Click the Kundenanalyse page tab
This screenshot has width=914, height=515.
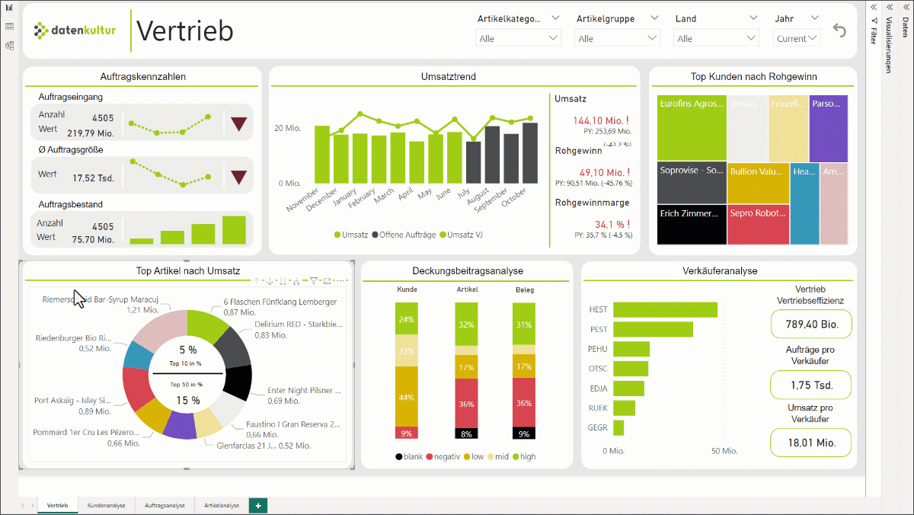107,505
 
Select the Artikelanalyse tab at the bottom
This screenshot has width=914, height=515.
222,505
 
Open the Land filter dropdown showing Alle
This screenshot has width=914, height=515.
716,38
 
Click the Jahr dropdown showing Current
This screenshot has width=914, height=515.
797,38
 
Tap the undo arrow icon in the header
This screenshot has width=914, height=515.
839,30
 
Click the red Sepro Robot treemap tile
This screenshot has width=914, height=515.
758,225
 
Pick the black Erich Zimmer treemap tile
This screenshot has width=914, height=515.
692,225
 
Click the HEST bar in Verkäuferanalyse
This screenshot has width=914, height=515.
665,310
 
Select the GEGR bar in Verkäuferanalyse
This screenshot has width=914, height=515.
618,427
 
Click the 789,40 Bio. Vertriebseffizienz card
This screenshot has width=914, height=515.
811,325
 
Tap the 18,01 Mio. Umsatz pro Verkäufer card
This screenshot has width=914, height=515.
811,442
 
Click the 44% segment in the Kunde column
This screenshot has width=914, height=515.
407,397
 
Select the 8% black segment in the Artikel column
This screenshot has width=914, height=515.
466,433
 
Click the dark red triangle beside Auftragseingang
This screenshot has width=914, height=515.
239,123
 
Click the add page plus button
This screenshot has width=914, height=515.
258,505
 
